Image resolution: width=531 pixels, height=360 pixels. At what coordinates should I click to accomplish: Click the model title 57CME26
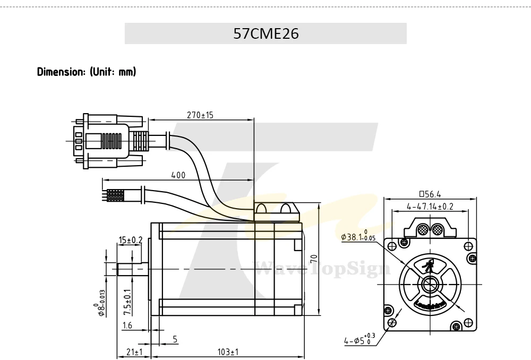pyautogui.click(x=266, y=33)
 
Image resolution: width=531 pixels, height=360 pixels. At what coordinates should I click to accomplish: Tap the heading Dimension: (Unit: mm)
pyautogui.click(x=87, y=72)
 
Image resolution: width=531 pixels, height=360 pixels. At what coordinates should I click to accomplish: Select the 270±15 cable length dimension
pyautogui.click(x=200, y=115)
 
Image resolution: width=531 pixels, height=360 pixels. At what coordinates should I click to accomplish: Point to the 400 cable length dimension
pyautogui.click(x=178, y=175)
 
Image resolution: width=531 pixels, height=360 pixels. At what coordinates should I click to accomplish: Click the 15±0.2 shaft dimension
pyautogui.click(x=131, y=240)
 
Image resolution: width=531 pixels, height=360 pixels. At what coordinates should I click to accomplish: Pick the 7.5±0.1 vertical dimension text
pyautogui.click(x=127, y=303)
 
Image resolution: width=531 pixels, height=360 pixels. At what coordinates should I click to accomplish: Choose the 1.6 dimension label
pyautogui.click(x=127, y=326)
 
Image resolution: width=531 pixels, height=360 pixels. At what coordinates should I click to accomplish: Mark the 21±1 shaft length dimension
pyautogui.click(x=134, y=352)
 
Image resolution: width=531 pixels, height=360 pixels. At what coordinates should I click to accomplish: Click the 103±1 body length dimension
pyautogui.click(x=228, y=352)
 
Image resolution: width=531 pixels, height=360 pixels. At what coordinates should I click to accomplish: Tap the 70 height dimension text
pyautogui.click(x=314, y=259)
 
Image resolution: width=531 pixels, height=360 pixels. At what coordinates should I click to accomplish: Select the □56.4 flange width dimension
pyautogui.click(x=430, y=194)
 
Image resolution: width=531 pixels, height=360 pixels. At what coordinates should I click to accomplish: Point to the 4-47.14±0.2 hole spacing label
pyautogui.click(x=430, y=206)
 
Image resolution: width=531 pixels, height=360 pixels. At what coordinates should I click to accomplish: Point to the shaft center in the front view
pyautogui.click(x=430, y=284)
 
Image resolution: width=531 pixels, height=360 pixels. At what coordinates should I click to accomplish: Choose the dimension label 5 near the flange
pyautogui.click(x=175, y=339)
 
